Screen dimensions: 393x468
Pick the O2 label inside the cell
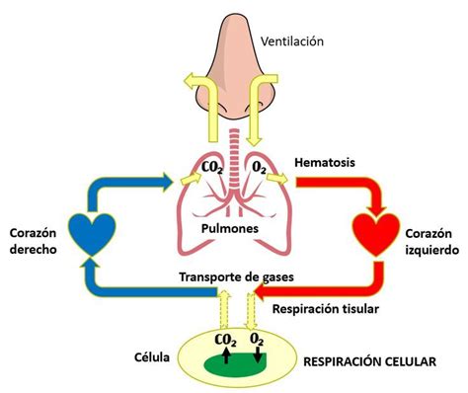coord(258,341)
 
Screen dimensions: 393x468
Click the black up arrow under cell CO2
coord(225,359)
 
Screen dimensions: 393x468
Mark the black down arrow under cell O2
coord(259,357)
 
